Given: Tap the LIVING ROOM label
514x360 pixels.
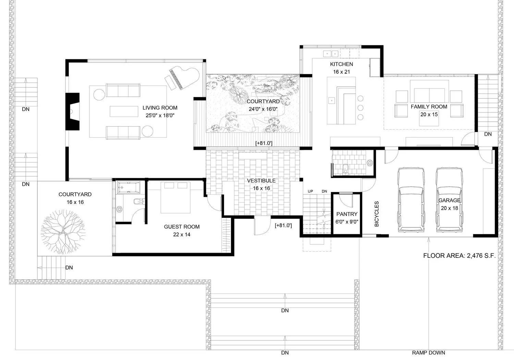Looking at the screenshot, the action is tap(160, 108).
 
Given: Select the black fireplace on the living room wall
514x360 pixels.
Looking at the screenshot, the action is tap(73, 111).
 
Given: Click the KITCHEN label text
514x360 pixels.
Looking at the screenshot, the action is tap(341, 64).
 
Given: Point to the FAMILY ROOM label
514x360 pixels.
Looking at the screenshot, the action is tap(429, 107).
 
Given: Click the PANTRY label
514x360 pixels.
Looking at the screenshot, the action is tap(347, 214).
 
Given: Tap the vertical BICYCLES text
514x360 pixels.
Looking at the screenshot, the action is tap(377, 214).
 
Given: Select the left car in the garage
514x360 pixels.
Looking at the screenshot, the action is tap(411, 200).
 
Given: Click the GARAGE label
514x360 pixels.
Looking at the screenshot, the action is tap(449, 200).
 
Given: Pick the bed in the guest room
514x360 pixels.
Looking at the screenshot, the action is tap(175, 197).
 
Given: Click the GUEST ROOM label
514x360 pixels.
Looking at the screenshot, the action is tap(182, 227).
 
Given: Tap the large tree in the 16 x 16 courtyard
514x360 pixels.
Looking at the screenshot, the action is tap(63, 231).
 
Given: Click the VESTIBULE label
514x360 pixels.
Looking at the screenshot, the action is tap(261, 181).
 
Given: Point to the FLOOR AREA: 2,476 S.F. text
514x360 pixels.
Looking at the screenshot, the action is tap(460, 255).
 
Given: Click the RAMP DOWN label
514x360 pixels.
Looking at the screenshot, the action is tap(428, 353).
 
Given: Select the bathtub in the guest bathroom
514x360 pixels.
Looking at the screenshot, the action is tap(128, 187).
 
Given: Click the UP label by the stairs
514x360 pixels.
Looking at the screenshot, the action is tap(310, 191).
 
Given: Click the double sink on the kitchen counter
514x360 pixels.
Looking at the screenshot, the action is tap(331, 54).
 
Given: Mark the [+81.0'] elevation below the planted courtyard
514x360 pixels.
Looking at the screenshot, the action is tap(264, 143).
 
